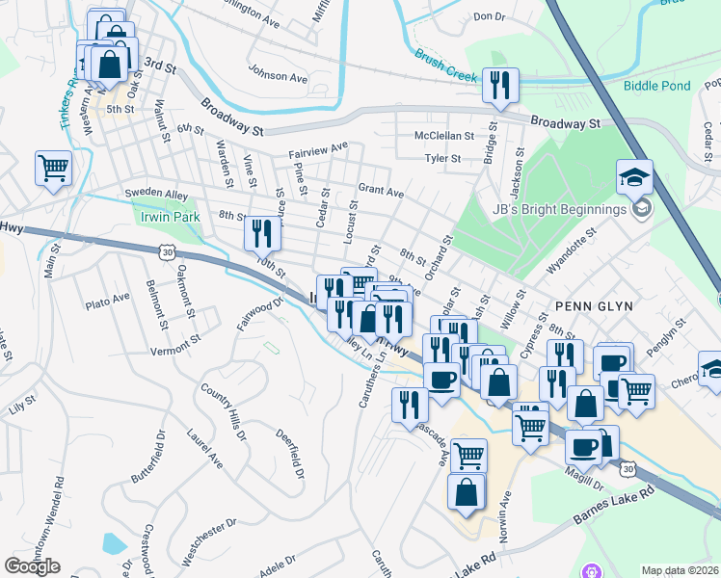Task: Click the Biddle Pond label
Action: [x=656, y=86]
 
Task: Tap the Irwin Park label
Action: [x=170, y=217]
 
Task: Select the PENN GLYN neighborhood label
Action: [x=593, y=305]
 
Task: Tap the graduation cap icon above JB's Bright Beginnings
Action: [x=635, y=177]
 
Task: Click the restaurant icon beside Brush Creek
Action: [x=500, y=85]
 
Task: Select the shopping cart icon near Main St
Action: [x=53, y=168]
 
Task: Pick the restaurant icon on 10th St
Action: [x=261, y=232]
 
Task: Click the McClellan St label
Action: [x=444, y=136]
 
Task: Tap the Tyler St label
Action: [x=443, y=158]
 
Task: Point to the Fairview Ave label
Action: [x=317, y=150]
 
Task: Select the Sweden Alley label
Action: [x=156, y=195]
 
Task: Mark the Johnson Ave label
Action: [x=277, y=73]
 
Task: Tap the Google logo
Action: [x=33, y=566]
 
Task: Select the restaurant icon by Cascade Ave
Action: [x=410, y=405]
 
